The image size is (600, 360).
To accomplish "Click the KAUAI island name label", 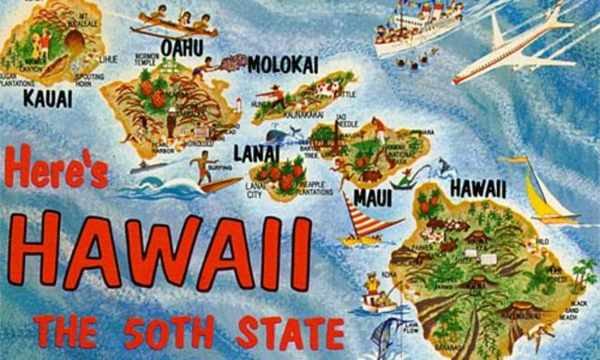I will click(45, 97).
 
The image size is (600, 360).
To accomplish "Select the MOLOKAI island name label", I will click(285, 63).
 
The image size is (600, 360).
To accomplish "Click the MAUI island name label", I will click(372, 198).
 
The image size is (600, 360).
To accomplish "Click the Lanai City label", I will click(254, 191).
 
